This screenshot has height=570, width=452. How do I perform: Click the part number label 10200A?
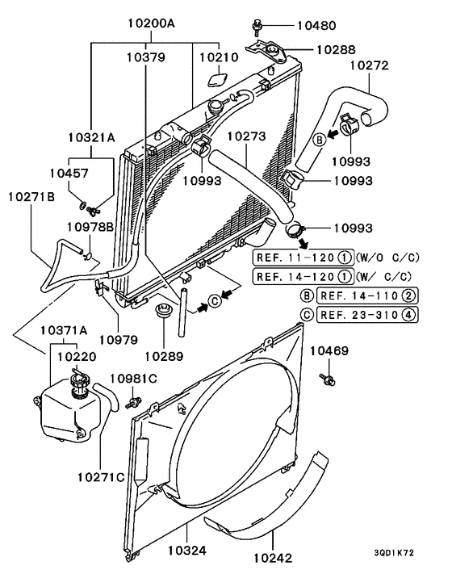(151, 24)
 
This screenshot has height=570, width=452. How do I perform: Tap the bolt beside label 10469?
(328, 378)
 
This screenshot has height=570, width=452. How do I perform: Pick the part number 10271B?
(31, 195)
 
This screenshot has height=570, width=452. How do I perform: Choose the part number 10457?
(69, 173)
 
